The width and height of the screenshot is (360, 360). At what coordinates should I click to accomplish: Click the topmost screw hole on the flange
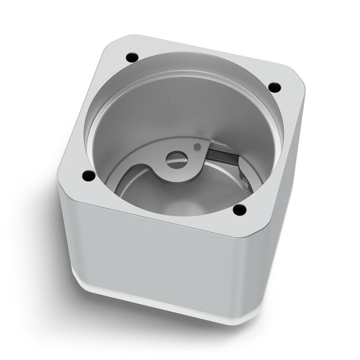coord(132,56)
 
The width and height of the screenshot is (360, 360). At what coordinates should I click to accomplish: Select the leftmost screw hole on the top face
coord(88,176)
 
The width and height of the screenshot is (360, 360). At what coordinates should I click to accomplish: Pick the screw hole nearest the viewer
coord(240,209)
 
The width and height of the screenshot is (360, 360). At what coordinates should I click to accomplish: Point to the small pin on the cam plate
coord(196,146)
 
